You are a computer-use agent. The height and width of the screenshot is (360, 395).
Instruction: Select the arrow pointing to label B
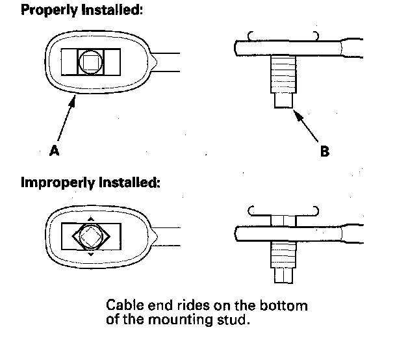point(306,126)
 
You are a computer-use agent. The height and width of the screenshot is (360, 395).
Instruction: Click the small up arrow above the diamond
point(90,218)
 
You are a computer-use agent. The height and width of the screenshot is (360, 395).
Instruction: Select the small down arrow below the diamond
point(90,255)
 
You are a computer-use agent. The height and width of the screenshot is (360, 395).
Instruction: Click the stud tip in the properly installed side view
point(281,101)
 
